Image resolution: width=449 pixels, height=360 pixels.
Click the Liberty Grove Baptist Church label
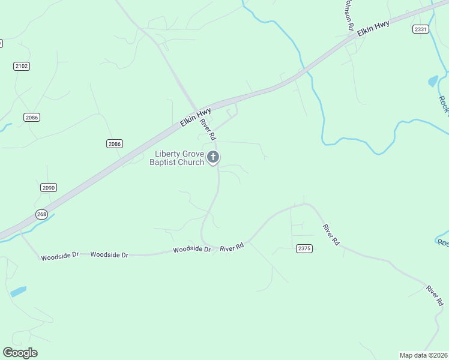pyautogui.click(x=177, y=158)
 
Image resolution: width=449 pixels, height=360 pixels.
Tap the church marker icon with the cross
pyautogui.click(x=212, y=158)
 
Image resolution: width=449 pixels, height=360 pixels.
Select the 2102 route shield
pyautogui.click(x=22, y=66)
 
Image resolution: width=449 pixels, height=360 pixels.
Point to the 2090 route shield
pyautogui.click(x=49, y=188)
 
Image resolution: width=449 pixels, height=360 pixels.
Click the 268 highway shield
pyautogui.click(x=41, y=214)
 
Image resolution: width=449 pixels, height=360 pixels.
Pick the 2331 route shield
pyautogui.click(x=421, y=29)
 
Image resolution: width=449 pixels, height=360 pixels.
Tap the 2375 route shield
pyautogui.click(x=304, y=248)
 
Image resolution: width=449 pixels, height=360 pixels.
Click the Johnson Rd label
pyautogui.click(x=347, y=15)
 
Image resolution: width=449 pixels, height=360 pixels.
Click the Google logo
pyautogui.click(x=20, y=353)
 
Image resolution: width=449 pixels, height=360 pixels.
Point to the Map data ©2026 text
pyautogui.click(x=423, y=355)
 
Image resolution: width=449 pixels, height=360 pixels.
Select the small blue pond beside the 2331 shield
pyautogui.click(x=433, y=81)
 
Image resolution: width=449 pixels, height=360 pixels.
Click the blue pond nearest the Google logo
pyautogui.click(x=18, y=292)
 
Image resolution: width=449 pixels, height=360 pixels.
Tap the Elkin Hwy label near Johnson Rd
pyautogui.click(x=373, y=28)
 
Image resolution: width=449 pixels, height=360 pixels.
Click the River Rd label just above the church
pyautogui.click(x=208, y=130)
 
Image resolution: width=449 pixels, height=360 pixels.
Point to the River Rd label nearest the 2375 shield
pyautogui.click(x=331, y=234)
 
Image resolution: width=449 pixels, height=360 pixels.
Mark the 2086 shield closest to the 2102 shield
pyautogui.click(x=32, y=118)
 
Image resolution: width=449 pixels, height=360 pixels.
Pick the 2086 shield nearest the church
pyautogui.click(x=115, y=143)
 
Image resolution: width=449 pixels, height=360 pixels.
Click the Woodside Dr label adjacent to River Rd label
pyautogui.click(x=192, y=250)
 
